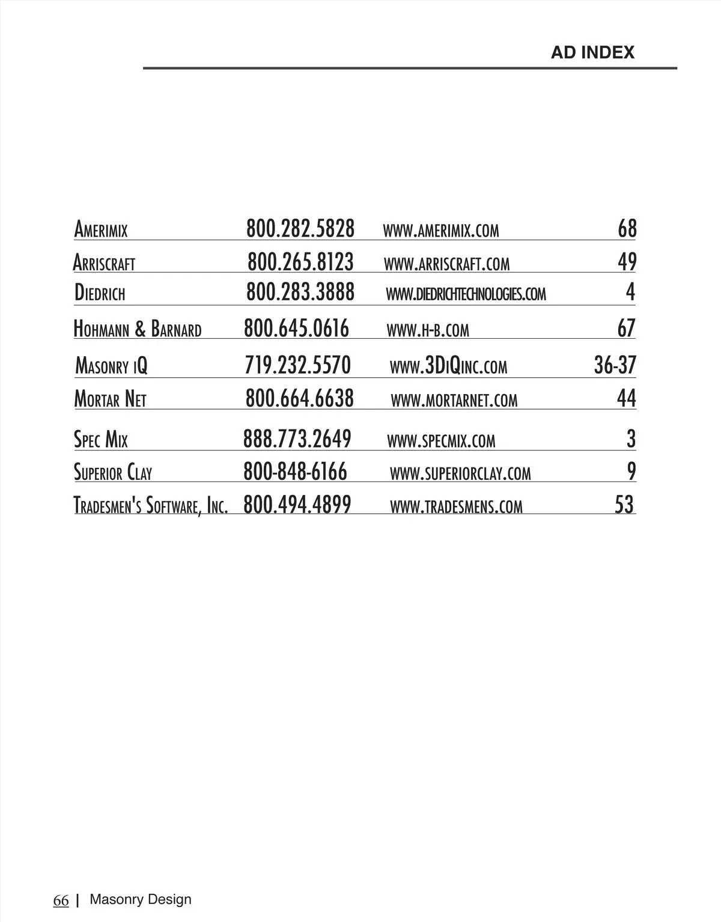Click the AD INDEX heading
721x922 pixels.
(592, 52)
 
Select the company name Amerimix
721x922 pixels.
(100, 229)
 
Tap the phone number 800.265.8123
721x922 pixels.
(300, 262)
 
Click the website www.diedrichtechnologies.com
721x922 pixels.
(466, 294)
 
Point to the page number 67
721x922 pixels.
(626, 328)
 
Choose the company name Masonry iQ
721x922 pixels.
(111, 365)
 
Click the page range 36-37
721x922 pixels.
(615, 365)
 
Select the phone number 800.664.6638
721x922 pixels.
(299, 398)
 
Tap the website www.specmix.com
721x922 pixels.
(441, 441)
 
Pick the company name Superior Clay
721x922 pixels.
(112, 473)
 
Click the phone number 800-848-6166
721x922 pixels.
(295, 472)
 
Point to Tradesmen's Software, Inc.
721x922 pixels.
(150, 505)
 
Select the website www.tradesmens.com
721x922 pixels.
(456, 506)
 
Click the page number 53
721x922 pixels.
(624, 505)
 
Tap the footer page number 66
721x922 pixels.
(61, 900)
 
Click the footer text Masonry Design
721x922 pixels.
(140, 899)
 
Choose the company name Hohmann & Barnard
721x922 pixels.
(137, 329)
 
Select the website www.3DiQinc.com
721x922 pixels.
(448, 366)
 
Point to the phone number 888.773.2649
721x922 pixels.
(297, 439)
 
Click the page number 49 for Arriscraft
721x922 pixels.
(627, 262)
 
